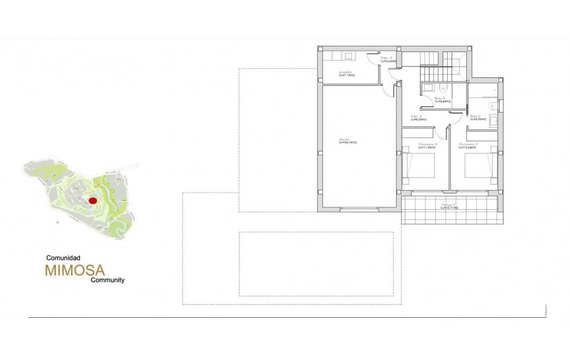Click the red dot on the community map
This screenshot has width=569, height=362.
[x=92, y=200]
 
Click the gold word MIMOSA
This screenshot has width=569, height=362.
[x=75, y=270]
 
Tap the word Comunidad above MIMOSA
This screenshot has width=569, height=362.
[x=63, y=257]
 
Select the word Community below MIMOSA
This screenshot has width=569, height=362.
[x=107, y=280]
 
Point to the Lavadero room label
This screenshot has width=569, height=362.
[x=346, y=72]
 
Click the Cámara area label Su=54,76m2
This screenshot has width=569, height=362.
[x=347, y=142]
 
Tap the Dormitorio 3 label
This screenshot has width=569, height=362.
[x=428, y=144]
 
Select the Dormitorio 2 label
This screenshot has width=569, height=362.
[x=468, y=144]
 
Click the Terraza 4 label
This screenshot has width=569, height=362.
[x=448, y=205]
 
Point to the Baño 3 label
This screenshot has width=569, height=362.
[x=440, y=99]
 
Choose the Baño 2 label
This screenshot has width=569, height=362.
[x=476, y=117]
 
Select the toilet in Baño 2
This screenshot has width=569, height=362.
[x=491, y=106]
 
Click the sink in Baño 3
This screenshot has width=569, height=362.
[x=428, y=87]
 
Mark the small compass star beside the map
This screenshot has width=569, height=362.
[x=57, y=222]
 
